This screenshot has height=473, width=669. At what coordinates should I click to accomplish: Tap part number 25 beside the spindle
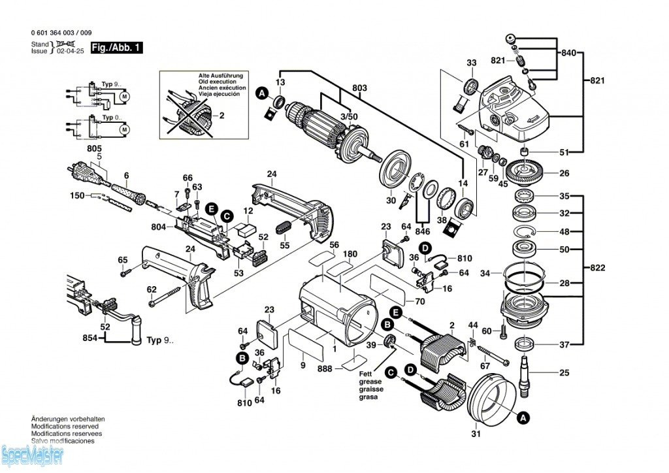pos(564,373)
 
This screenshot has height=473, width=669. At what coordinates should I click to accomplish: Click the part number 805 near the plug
pos(95,149)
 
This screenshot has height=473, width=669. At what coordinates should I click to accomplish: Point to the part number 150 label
pos(77,195)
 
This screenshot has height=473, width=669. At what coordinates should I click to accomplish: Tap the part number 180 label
pos(351,253)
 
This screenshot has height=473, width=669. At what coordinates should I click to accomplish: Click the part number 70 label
pos(419,301)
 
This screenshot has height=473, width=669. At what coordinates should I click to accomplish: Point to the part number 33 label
pos(472,63)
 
